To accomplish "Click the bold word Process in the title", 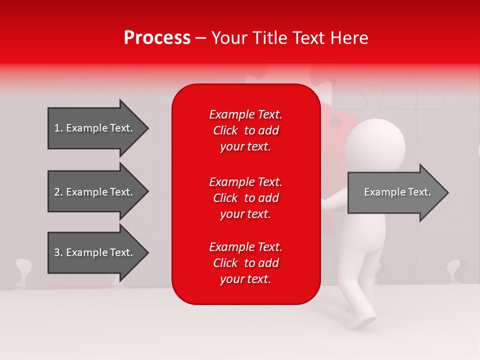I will click(157, 37).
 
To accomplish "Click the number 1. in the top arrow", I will click(58, 128).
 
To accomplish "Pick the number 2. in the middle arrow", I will click(58, 192).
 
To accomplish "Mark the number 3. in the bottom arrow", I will click(58, 252).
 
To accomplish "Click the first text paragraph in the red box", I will click(245, 130).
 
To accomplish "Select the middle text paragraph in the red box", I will click(245, 198).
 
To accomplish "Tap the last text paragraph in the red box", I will click(245, 263).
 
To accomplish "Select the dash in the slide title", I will click(200, 38).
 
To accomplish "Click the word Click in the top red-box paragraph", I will click(225, 130).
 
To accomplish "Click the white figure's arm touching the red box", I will click(332, 198).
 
